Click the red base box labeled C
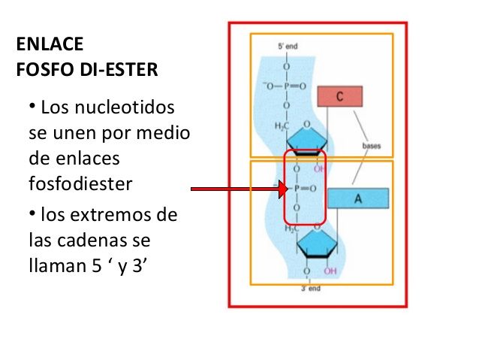click(x=339, y=97)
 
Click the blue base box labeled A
click(x=357, y=198)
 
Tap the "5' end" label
click(x=288, y=46)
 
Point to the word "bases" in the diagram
click(x=372, y=145)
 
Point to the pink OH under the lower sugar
click(x=330, y=271)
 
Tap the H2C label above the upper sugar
click(x=281, y=125)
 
